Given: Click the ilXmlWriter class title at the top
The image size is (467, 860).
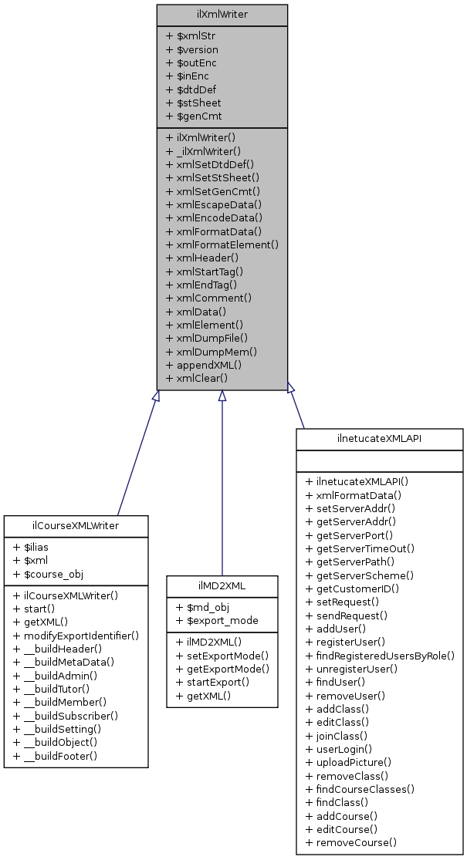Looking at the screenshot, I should click(x=222, y=15).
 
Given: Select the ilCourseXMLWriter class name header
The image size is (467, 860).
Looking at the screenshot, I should click(x=76, y=526).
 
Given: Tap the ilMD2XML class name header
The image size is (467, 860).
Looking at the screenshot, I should click(x=222, y=585).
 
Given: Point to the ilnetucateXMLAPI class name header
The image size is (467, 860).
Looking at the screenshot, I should click(x=379, y=439).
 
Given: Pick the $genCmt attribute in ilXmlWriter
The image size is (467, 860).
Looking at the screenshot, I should click(x=193, y=116).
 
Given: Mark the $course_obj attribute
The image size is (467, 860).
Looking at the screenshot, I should click(x=48, y=574).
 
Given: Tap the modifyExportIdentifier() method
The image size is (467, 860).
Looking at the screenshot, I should click(x=76, y=636).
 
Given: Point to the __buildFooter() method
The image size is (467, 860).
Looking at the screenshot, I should click(x=55, y=756).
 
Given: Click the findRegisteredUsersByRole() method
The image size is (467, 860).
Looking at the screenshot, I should click(x=380, y=656).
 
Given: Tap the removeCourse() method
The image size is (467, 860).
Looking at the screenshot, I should click(x=351, y=842).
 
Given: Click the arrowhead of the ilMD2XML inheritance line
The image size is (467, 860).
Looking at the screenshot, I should click(x=222, y=396).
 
